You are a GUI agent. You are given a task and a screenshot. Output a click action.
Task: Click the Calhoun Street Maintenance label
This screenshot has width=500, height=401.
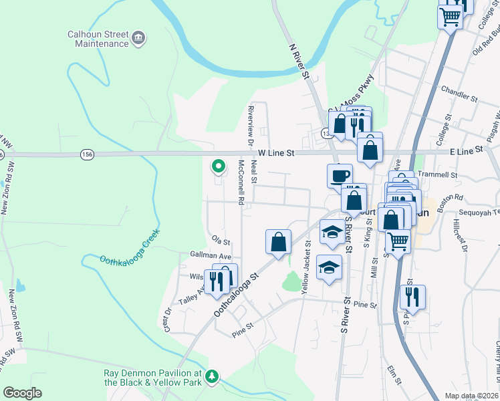tap(98, 39)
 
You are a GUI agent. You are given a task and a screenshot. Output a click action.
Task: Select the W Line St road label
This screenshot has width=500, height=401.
tap(276, 153)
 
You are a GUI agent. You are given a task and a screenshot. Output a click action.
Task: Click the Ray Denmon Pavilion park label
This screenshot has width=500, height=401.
tap(152, 378)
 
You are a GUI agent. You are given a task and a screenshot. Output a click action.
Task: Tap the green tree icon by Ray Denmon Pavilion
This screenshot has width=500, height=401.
tap(213, 377)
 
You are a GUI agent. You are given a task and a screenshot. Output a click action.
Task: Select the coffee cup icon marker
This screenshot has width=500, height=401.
tap(340, 176)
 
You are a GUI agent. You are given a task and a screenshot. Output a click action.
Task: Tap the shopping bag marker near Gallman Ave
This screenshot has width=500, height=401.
tap(278, 242)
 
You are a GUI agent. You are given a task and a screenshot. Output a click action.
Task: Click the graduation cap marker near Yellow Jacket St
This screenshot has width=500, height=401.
tap(328, 267)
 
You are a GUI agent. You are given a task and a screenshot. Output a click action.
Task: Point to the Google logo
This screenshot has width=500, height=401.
tap(22, 393)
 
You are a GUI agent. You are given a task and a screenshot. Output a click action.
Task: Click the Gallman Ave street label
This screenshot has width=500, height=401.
tap(210, 256)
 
